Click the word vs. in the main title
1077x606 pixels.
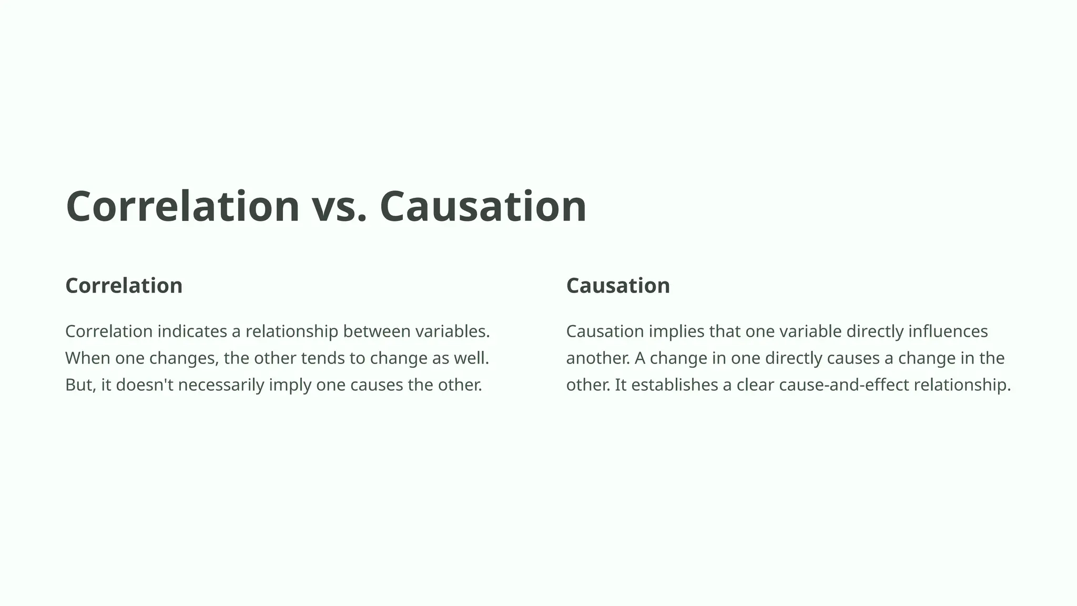click(339, 206)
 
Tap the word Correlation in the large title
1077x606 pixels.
click(182, 206)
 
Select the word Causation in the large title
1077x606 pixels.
click(482, 206)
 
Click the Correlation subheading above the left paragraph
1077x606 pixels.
click(124, 286)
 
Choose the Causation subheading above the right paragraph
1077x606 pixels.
click(618, 286)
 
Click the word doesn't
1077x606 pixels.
click(145, 385)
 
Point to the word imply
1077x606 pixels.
click(290, 385)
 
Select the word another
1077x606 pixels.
click(597, 358)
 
